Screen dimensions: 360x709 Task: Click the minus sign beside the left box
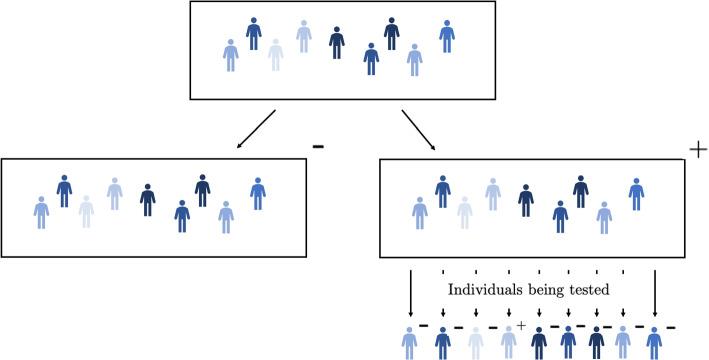(318, 146)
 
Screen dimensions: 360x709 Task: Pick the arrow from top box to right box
(418, 128)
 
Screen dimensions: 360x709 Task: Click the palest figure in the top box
(276, 54)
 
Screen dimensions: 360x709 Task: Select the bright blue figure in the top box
(447, 36)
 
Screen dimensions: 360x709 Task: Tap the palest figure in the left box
(87, 211)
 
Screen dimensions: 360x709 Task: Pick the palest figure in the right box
(465, 212)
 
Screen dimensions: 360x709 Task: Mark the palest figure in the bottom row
(477, 342)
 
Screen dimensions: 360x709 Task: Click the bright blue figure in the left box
(257, 193)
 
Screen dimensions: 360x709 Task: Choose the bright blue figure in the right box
(636, 193)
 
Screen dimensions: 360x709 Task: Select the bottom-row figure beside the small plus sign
(508, 342)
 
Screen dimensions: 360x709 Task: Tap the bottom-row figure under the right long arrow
(654, 342)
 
